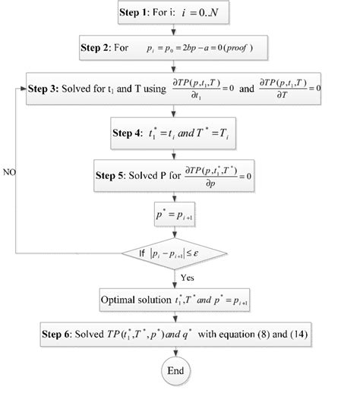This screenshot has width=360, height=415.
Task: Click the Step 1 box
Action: coord(175,14)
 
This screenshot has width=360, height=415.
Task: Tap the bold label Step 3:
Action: coord(47,88)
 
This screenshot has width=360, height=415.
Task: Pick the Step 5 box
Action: coord(174,178)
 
